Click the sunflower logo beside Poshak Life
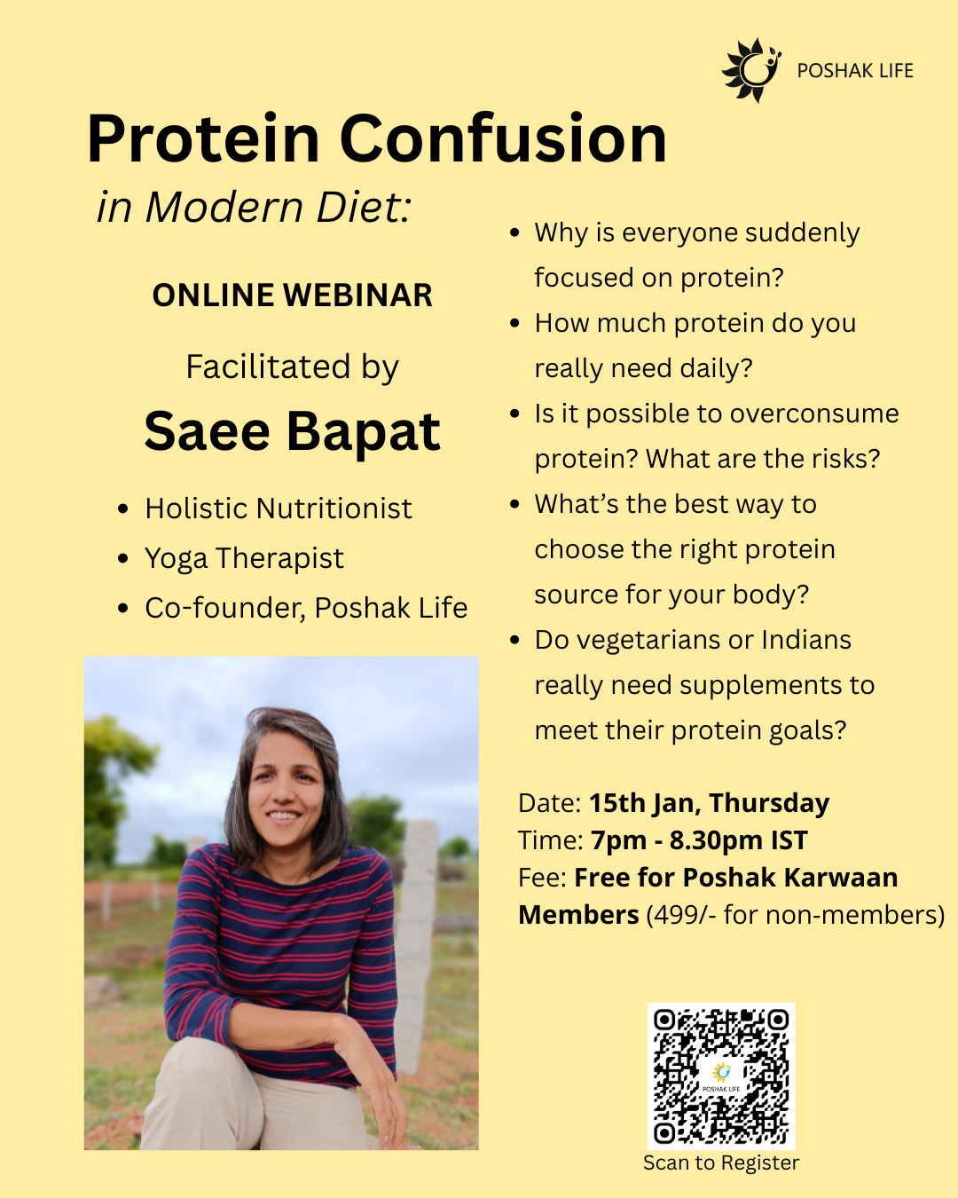click(751, 70)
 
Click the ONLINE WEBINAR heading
click(292, 295)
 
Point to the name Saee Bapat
click(292, 431)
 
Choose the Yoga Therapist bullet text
click(244, 558)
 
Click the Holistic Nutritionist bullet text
click(279, 508)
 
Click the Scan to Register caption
click(721, 1163)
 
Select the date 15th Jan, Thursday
click(709, 803)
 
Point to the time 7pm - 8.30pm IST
click(699, 840)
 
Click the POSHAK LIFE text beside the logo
click(855, 71)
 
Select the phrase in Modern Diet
click(254, 207)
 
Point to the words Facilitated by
click(292, 367)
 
